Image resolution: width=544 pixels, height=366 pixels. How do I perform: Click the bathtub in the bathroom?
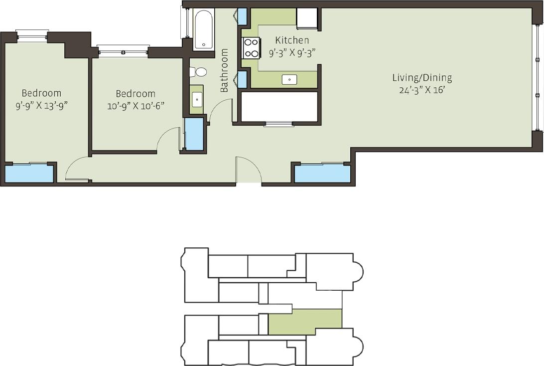pos(203,29)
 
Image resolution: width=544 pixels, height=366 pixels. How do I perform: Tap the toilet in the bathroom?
pos(200,72)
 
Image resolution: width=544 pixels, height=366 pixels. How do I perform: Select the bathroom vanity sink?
pos(197,99)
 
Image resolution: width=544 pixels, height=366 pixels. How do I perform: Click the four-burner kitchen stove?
pos(251,48)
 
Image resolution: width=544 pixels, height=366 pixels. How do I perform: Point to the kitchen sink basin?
pos(289,79)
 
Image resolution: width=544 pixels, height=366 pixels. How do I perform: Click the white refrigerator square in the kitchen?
pos(306,19)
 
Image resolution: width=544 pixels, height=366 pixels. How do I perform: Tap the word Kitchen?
pos(292,40)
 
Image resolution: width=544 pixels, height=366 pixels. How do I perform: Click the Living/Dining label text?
pos(421,78)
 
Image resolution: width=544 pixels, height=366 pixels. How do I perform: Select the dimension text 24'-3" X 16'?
pos(421,90)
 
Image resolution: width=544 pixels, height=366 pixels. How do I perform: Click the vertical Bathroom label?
pos(225,70)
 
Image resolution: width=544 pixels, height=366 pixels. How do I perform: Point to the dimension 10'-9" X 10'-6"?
pos(136,106)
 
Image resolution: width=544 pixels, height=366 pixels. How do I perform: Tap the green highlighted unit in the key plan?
pos(304,322)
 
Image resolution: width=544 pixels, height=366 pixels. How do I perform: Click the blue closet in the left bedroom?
pos(29,174)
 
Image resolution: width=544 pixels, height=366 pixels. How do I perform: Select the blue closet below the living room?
pos(322,174)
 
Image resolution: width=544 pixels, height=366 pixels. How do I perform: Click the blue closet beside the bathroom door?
pos(194,134)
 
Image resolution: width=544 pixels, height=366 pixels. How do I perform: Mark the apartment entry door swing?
pos(249,171)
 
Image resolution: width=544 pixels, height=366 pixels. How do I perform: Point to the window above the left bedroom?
pos(32,36)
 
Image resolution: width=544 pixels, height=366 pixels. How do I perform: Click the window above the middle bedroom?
pos(123,51)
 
